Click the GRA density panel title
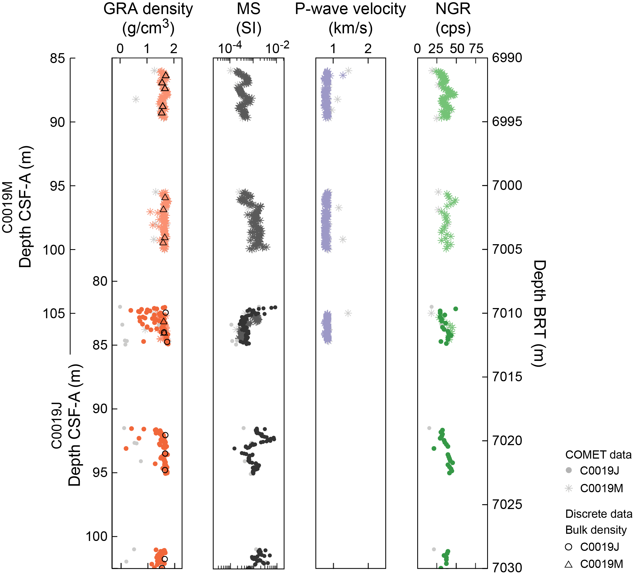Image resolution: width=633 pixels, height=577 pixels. click(x=148, y=18)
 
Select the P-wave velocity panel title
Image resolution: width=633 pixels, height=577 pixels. click(x=350, y=18)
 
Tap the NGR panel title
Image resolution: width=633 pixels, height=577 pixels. click(x=453, y=18)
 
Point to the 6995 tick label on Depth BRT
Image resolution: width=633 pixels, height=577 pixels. click(x=507, y=122)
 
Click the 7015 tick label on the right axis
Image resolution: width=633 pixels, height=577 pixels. click(x=507, y=377)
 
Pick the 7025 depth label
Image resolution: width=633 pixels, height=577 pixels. click(x=507, y=505)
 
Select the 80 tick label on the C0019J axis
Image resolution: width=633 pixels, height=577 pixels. click(x=100, y=281)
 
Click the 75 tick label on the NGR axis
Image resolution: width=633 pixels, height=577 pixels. click(x=476, y=49)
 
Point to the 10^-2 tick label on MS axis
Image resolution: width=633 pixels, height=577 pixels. click(x=277, y=48)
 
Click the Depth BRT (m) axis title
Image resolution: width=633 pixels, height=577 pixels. click(x=539, y=313)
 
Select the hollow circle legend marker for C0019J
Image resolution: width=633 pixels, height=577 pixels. click(x=568, y=547)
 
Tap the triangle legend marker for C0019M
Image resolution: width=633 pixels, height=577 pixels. click(x=568, y=564)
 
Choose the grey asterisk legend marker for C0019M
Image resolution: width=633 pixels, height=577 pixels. click(x=569, y=488)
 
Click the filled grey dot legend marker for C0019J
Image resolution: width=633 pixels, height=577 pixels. click(x=568, y=470)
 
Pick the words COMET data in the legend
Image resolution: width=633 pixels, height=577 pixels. click(x=598, y=454)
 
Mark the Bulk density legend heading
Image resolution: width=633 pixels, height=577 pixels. click(x=596, y=530)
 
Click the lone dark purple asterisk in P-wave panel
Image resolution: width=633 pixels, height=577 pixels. click(x=343, y=75)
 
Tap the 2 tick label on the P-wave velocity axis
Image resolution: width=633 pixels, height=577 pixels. click(x=368, y=49)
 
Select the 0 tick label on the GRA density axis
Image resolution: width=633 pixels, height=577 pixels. click(x=120, y=49)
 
